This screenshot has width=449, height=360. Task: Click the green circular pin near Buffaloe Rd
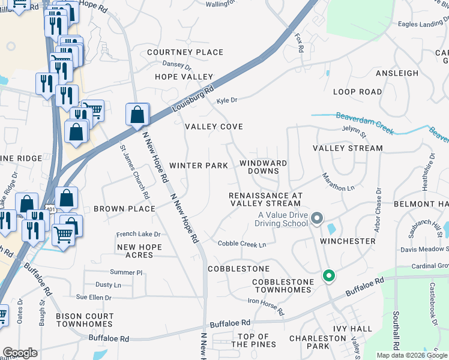328,276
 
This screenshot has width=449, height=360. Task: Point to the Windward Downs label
263,167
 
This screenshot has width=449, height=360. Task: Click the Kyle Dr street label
227,100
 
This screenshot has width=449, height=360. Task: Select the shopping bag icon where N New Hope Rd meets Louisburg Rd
137,115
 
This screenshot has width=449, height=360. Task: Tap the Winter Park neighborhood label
198,165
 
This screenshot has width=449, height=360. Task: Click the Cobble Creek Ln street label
242,244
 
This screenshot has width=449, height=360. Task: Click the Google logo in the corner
20,353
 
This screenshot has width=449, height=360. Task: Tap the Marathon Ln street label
338,182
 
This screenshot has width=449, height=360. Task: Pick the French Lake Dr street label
139,234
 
